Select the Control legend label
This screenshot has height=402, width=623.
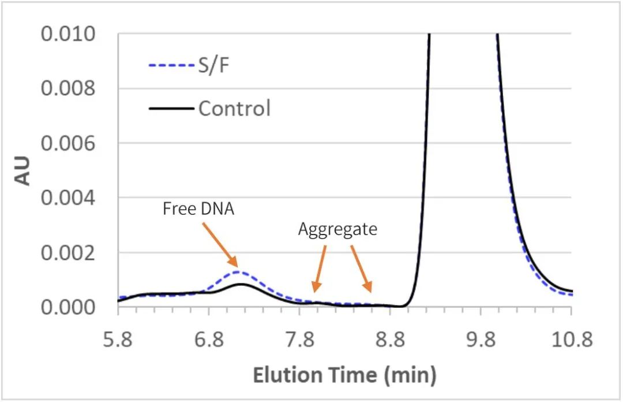click(x=234, y=108)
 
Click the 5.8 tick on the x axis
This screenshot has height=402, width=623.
click(x=118, y=341)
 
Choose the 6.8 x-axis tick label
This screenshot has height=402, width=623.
click(x=209, y=341)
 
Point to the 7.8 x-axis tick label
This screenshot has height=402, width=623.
click(x=299, y=341)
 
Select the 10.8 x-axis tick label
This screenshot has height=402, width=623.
click(x=571, y=341)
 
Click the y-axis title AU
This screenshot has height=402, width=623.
click(x=22, y=170)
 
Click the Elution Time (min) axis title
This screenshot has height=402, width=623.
click(x=344, y=375)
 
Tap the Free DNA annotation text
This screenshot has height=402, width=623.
click(x=199, y=209)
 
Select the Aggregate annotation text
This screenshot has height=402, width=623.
click(x=337, y=229)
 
